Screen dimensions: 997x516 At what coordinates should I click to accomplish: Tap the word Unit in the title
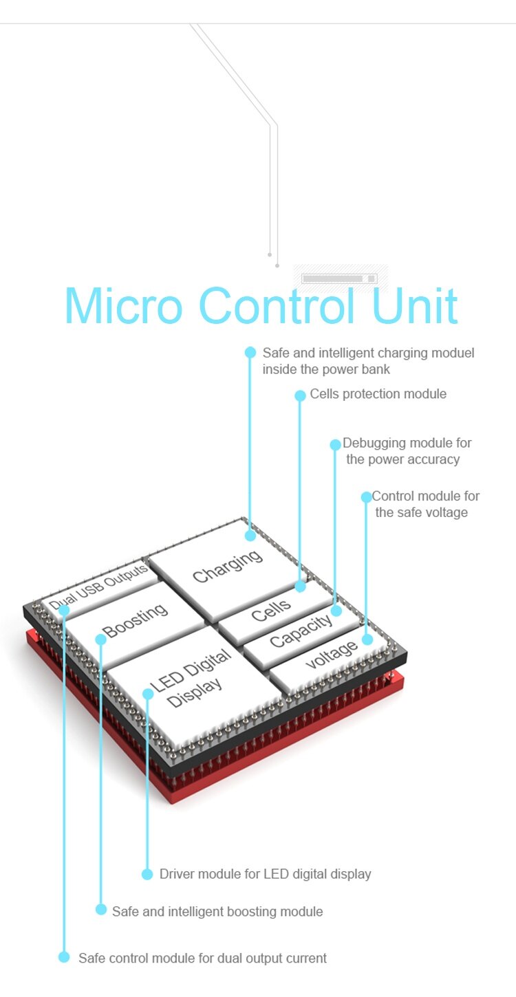pyautogui.click(x=414, y=305)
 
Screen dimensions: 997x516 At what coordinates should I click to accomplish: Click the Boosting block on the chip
pyautogui.click(x=135, y=619)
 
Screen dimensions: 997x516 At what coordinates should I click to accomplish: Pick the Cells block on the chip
pyautogui.click(x=271, y=609)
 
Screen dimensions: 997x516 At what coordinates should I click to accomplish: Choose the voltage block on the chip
pyautogui.click(x=332, y=653)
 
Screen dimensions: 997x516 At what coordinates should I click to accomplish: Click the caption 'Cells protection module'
pyautogui.click(x=378, y=394)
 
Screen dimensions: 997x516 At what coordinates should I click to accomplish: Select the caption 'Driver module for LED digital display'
pyautogui.click(x=265, y=874)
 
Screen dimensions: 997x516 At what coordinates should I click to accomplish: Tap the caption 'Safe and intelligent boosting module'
pyautogui.click(x=217, y=911)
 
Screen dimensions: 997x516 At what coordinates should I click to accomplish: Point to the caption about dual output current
pyautogui.click(x=202, y=958)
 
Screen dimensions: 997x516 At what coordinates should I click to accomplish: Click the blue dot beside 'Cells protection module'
pyautogui.click(x=300, y=395)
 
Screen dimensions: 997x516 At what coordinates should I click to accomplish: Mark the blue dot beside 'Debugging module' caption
pyautogui.click(x=335, y=445)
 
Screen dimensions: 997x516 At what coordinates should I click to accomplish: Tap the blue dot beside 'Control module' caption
pyautogui.click(x=366, y=496)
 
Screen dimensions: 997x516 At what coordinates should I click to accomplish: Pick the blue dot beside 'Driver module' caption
pyautogui.click(x=147, y=874)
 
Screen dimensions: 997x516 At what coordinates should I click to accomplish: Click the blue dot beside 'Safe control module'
pyautogui.click(x=64, y=957)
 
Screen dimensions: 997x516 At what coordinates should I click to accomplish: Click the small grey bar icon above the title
pyautogui.click(x=340, y=278)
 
